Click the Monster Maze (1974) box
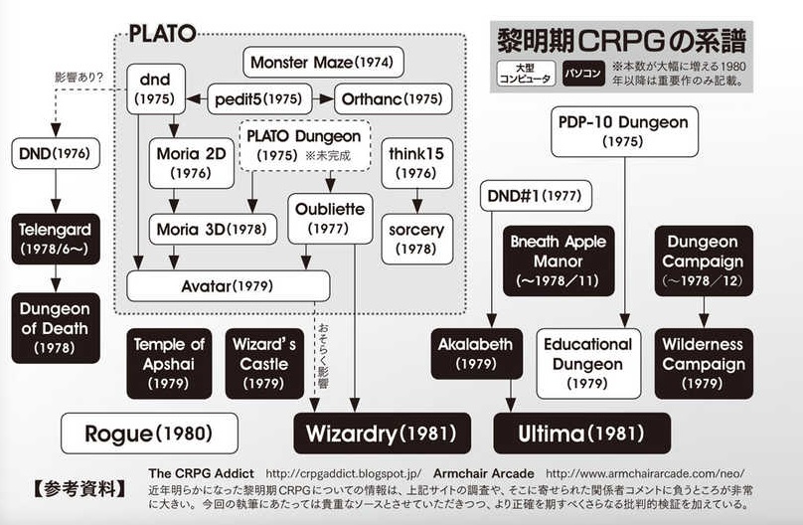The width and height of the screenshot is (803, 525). coord(321,63)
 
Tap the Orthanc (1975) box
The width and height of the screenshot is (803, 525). coord(393,98)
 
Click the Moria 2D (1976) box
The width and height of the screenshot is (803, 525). coord(191,164)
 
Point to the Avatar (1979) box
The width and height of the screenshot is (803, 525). coord(228,286)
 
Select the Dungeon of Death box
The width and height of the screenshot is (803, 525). coord(54,327)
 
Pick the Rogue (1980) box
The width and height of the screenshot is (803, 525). coord(149,434)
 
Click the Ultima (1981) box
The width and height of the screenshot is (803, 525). coord(581,434)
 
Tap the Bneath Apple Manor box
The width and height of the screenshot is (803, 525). coord(559,261)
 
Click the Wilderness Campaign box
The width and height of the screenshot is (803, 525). coord(704,362)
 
